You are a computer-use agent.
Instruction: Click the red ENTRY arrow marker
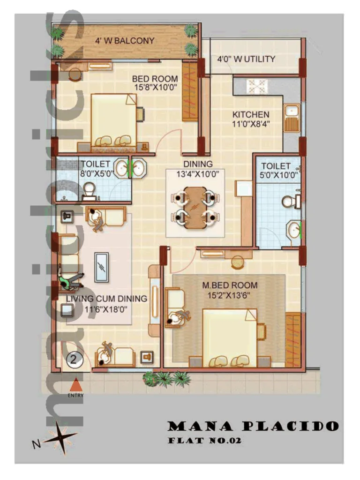click(x=75, y=385)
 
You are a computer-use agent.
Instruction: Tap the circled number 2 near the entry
click(x=74, y=360)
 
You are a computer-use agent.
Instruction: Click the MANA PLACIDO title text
click(x=253, y=426)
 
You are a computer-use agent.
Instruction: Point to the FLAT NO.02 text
click(x=204, y=441)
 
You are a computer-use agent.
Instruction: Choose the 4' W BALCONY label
click(x=125, y=41)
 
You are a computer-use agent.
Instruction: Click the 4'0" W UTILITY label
click(x=246, y=60)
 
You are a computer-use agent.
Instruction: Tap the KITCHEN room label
click(x=251, y=114)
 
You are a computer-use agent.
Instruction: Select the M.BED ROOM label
click(x=230, y=285)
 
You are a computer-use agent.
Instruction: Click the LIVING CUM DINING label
click(x=106, y=299)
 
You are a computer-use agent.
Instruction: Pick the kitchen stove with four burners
click(x=257, y=87)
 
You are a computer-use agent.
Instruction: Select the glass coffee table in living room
click(x=101, y=267)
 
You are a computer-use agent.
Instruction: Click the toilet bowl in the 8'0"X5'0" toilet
click(x=89, y=188)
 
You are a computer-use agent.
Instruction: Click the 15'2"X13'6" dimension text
click(x=230, y=295)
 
